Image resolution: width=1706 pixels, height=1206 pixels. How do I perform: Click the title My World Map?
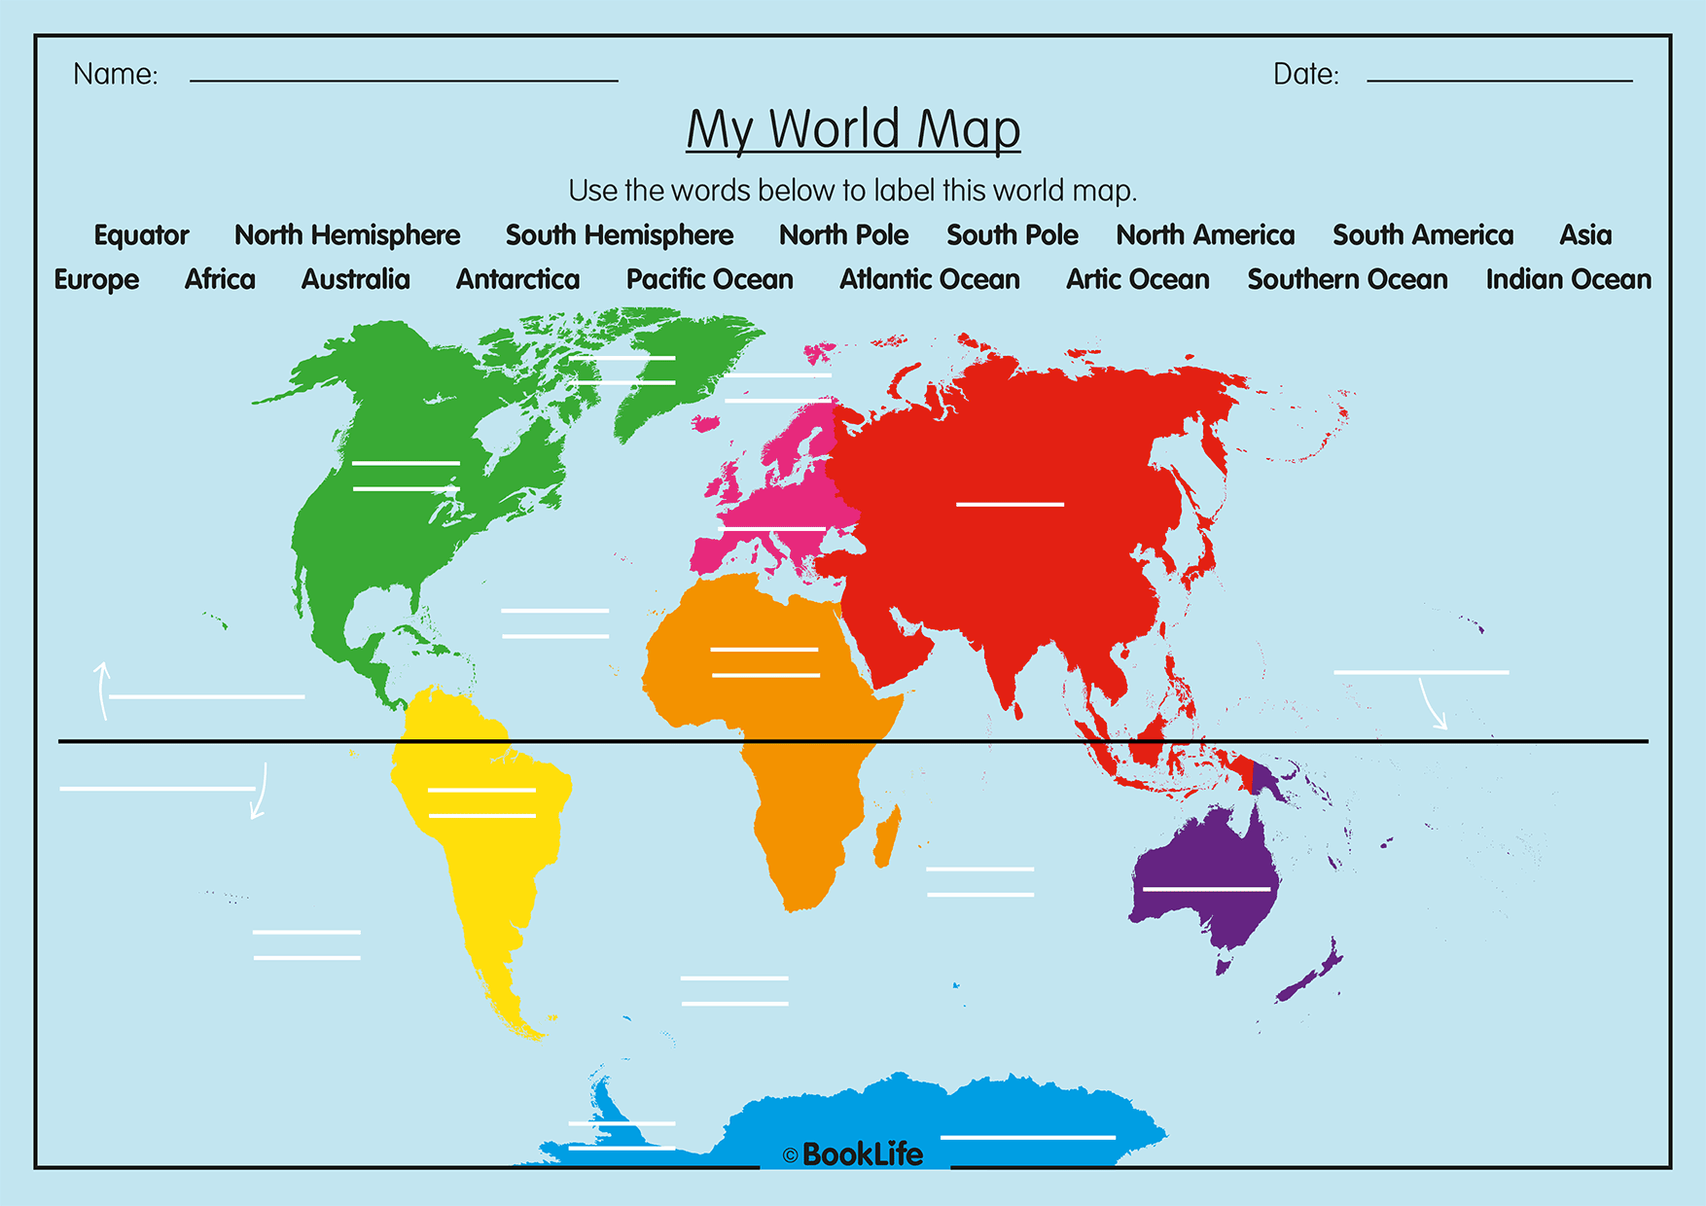pos(853,129)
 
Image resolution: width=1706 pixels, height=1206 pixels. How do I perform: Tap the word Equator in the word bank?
pos(141,235)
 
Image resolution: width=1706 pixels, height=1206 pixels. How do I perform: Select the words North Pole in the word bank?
pos(843,235)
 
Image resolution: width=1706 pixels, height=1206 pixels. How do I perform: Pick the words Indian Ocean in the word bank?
pos(1568,280)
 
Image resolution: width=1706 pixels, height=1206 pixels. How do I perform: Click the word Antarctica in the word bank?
pos(517,280)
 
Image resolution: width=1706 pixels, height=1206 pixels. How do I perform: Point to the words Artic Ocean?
pos(1137,280)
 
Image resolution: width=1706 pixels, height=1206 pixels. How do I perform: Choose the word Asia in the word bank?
pos(1585,235)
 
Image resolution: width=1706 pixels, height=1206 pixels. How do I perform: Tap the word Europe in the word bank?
pos(96,280)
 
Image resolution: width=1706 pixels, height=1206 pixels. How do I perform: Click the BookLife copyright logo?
pos(853,1154)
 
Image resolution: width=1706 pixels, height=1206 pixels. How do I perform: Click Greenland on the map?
pos(671,370)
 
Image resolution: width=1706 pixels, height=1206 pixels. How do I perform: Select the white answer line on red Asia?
pos(1010,504)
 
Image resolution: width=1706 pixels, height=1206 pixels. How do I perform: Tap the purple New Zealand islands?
pos(1313,973)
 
